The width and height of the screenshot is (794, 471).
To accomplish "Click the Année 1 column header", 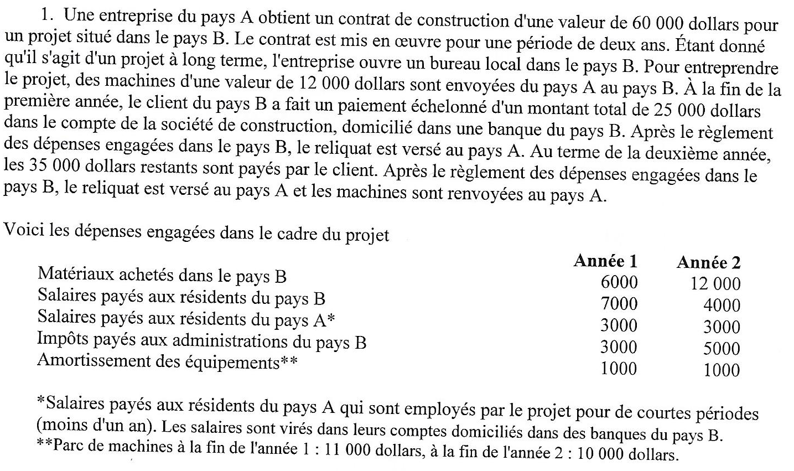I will pos(605,261).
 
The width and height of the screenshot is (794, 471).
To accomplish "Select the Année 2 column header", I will pos(708,262).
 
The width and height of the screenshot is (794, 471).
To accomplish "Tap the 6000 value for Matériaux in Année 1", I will pos(619,282).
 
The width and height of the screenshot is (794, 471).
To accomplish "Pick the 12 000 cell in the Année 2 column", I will pos(715,284).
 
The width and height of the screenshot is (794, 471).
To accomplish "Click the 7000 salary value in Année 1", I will pos(619,304).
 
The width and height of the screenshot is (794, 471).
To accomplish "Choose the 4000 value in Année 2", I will pos(722,306).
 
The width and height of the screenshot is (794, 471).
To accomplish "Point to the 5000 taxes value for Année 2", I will pos(722,349).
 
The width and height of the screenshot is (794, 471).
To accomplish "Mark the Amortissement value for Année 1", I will pos(619,369).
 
